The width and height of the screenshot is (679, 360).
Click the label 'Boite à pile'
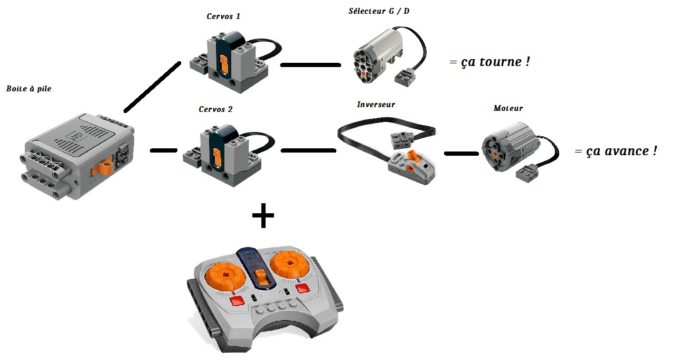coord(29,89)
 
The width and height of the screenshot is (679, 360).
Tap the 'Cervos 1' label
coord(223,16)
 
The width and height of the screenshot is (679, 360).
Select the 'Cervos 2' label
coord(215,109)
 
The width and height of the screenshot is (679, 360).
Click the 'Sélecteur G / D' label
coord(379,11)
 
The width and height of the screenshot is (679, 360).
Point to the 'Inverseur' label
coord(375,105)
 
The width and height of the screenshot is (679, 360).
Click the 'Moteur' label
coord(508,108)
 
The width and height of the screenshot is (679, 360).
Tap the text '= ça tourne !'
coord(489,62)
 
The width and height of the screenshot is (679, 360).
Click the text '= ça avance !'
coord(616,151)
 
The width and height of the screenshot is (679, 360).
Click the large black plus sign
coord(263,216)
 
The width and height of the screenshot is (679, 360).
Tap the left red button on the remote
coord(237,301)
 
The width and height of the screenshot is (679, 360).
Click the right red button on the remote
coord(302,289)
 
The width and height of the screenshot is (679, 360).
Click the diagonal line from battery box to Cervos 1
coord(152,87)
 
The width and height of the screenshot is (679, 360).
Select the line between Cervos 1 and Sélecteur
coord(310,65)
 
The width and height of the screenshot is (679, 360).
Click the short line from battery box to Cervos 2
coord(163,151)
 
